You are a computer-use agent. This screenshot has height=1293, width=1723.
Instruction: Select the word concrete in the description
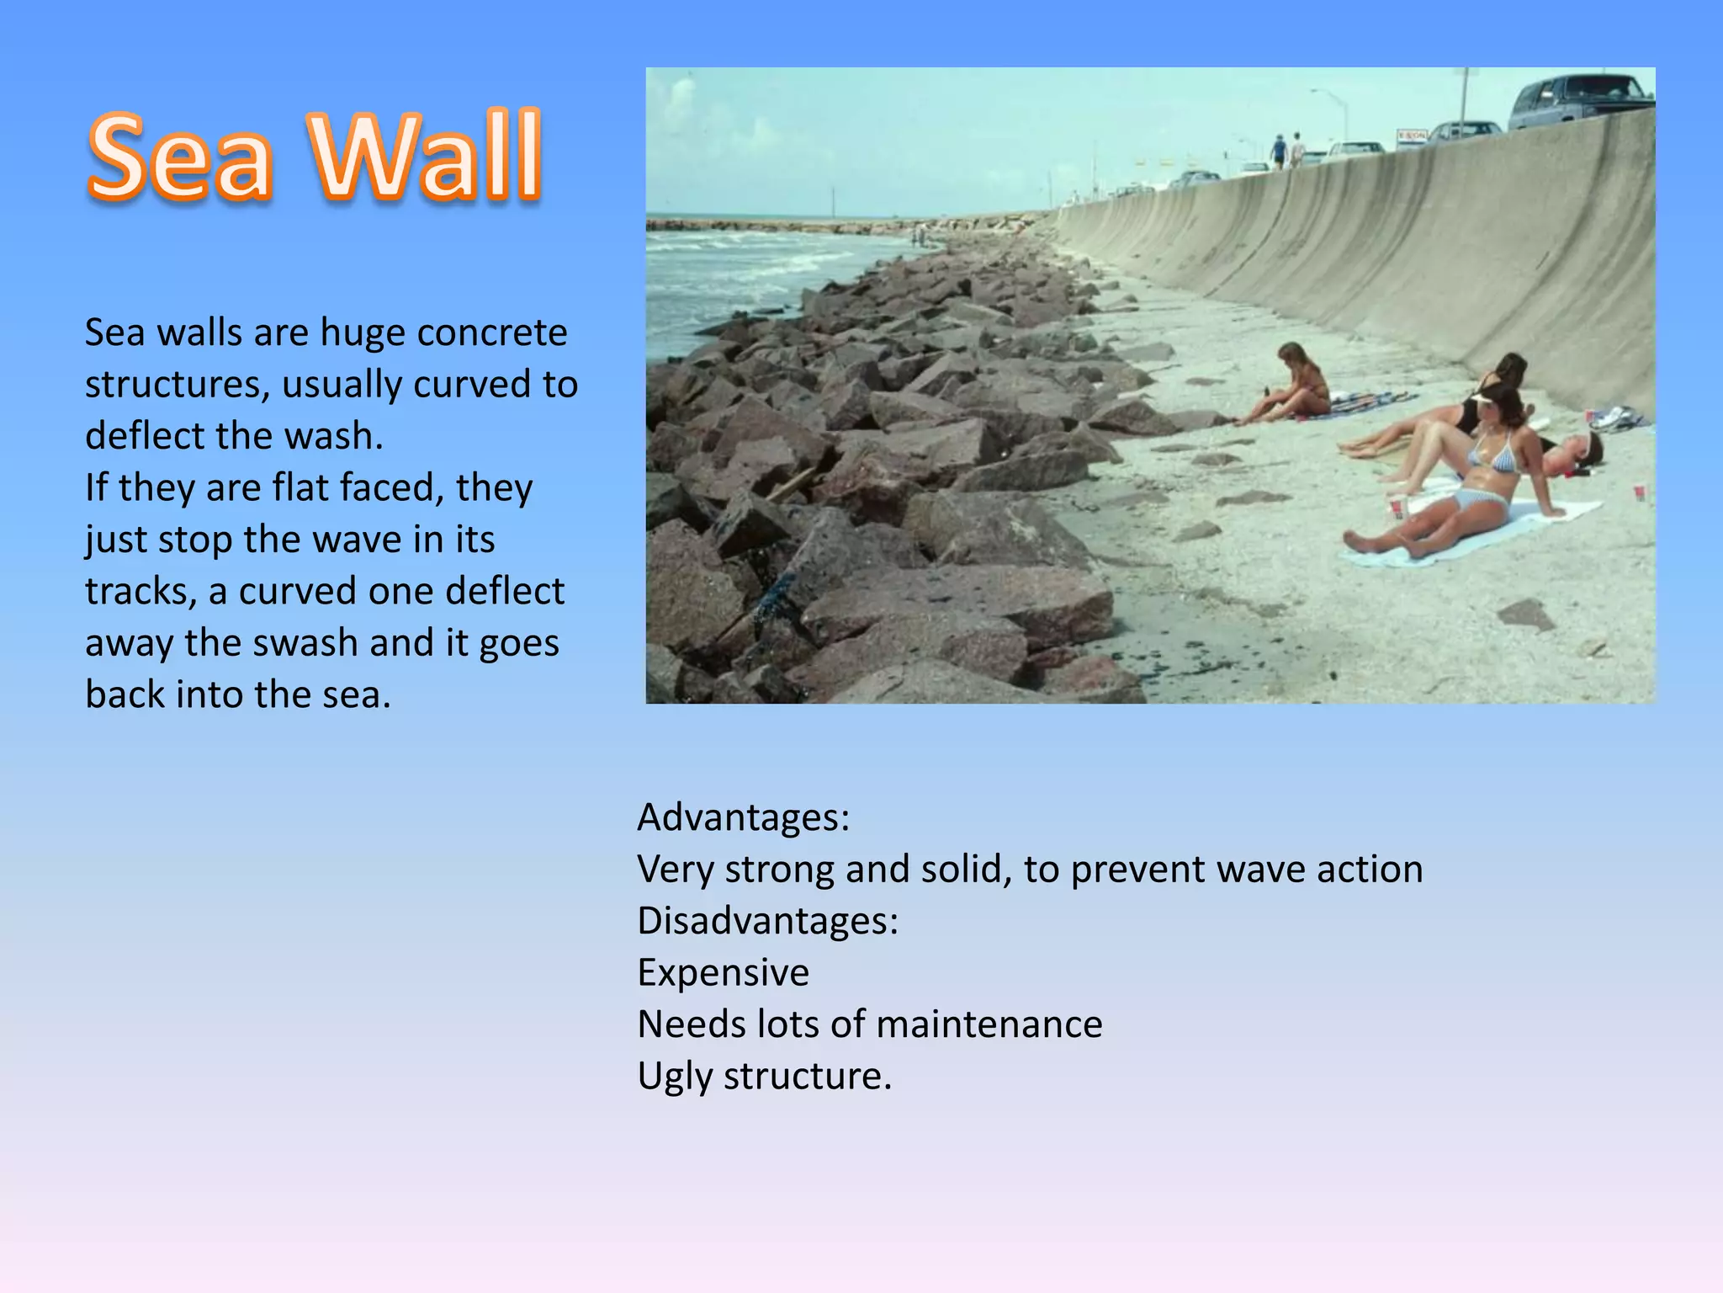point(492,333)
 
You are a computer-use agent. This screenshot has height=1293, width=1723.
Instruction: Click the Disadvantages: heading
point(767,921)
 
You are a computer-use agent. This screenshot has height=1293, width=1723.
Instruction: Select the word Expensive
point(723,973)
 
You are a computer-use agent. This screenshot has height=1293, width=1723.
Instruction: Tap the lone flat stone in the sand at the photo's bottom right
point(1526,615)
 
